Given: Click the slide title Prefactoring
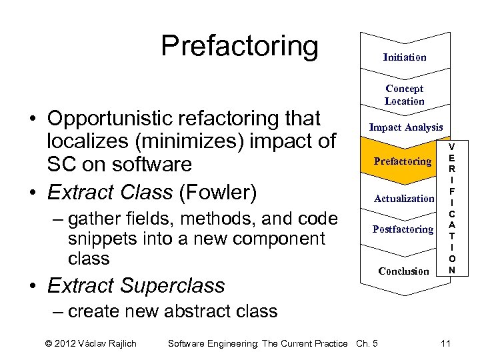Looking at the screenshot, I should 239,46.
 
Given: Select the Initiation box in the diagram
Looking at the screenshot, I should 405,57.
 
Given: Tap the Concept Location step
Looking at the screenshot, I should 404,95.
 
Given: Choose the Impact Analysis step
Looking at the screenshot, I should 405,127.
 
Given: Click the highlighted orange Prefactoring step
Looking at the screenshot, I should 403,161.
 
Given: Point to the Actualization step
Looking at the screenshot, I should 404,198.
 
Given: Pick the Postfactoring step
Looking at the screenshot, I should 403,229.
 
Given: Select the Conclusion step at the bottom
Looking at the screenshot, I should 403,271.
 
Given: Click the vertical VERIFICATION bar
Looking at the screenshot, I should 452,208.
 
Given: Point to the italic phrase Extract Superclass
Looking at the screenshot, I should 136,285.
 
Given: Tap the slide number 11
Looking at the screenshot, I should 446,343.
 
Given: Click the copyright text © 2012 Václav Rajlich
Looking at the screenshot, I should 91,343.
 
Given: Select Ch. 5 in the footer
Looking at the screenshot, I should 367,343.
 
